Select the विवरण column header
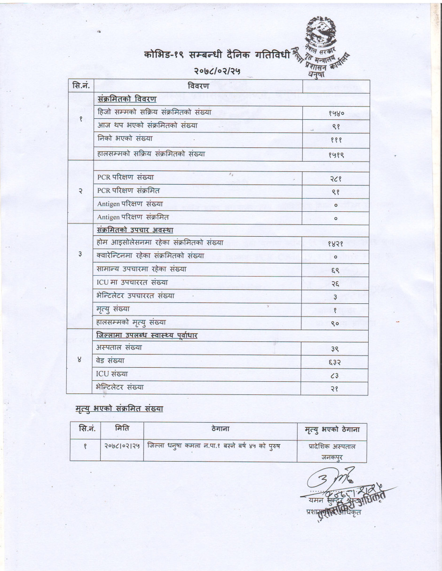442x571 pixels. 198,86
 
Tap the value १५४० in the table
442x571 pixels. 336,114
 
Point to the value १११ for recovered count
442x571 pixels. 336,140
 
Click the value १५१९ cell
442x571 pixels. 336,154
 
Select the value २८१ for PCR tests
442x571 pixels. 336,178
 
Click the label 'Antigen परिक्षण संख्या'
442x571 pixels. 130,204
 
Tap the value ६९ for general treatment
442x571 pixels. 336,270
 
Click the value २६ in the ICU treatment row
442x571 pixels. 336,283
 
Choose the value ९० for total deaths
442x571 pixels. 336,323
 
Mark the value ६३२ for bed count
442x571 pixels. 336,362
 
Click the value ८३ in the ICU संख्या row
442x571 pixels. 336,375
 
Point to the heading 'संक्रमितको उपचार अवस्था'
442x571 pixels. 135,230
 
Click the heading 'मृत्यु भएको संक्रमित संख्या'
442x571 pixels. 119,409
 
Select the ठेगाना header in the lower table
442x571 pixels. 220,429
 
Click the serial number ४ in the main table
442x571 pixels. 79,360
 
